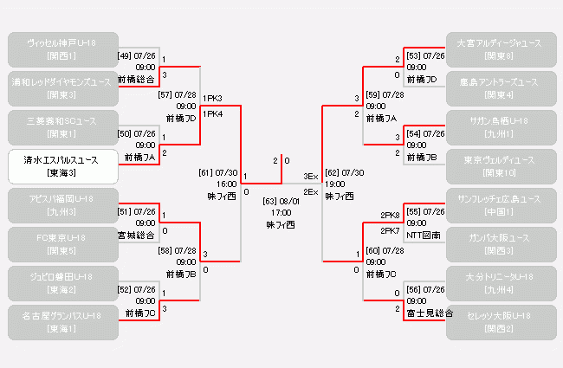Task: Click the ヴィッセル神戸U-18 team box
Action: pos(62,49)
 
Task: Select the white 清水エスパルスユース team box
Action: pos(62,166)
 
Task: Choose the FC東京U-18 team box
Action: pos(62,244)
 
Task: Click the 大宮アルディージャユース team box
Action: pos(500,49)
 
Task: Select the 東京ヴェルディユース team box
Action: pos(500,166)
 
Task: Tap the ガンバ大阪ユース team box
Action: pos(500,244)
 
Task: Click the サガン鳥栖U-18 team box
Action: pos(500,127)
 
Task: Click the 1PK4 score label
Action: pos(212,113)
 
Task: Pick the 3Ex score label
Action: pos(310,177)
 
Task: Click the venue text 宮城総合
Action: pos(138,234)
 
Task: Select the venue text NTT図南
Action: pos(424,235)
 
